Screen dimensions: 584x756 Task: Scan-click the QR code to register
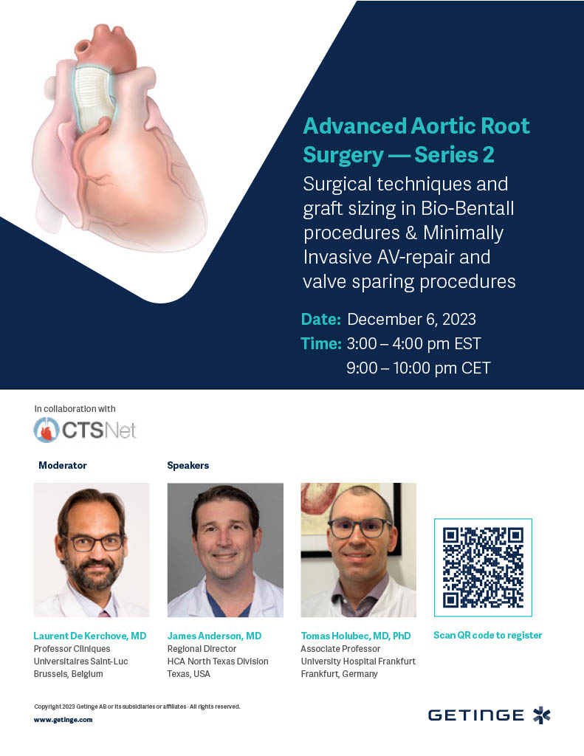point(483,568)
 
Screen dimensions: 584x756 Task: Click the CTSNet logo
point(85,429)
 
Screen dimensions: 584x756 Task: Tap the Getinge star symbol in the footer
point(542,715)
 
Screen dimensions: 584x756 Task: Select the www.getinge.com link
point(63,719)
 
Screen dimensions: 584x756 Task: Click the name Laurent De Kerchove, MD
point(89,636)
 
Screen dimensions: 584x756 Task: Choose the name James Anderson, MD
point(214,636)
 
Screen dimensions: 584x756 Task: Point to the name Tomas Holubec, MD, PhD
point(356,636)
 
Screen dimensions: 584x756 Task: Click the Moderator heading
point(63,465)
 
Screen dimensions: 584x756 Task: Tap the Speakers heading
point(188,465)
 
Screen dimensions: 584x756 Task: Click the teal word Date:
point(320,319)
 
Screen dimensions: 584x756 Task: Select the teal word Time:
point(321,343)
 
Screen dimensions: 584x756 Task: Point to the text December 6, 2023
point(411,319)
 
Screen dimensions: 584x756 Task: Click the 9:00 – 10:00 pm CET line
point(418,368)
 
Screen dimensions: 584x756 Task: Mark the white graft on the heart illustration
point(95,99)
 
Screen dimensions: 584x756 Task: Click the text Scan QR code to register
point(487,635)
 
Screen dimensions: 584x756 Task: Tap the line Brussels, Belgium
point(69,673)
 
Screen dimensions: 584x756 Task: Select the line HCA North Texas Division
point(218,661)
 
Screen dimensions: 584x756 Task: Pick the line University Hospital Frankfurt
point(358,661)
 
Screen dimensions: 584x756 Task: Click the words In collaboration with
point(75,408)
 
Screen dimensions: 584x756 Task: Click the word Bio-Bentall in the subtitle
point(467,208)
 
